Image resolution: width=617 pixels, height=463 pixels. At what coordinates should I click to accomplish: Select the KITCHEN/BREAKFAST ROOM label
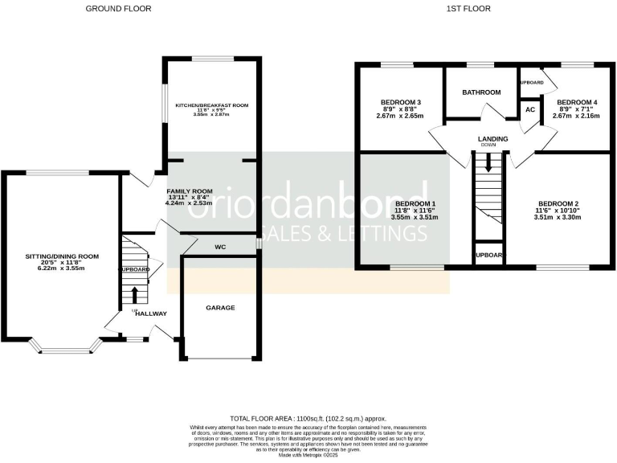(212, 105)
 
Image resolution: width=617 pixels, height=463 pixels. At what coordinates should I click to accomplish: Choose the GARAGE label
(220, 308)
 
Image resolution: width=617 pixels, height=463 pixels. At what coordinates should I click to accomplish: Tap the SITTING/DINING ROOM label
(61, 256)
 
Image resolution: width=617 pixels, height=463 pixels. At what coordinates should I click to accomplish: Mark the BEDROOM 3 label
(402, 101)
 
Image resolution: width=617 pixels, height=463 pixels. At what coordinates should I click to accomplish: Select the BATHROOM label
(481, 92)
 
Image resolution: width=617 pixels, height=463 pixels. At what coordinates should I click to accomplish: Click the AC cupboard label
(530, 109)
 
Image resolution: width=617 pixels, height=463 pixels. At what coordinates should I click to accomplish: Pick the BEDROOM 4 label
(577, 102)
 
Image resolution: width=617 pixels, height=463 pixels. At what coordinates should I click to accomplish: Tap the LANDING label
(492, 139)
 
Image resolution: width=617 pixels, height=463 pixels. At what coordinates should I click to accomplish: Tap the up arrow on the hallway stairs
(134, 293)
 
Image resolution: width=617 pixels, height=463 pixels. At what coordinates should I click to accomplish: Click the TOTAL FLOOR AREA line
(308, 419)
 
